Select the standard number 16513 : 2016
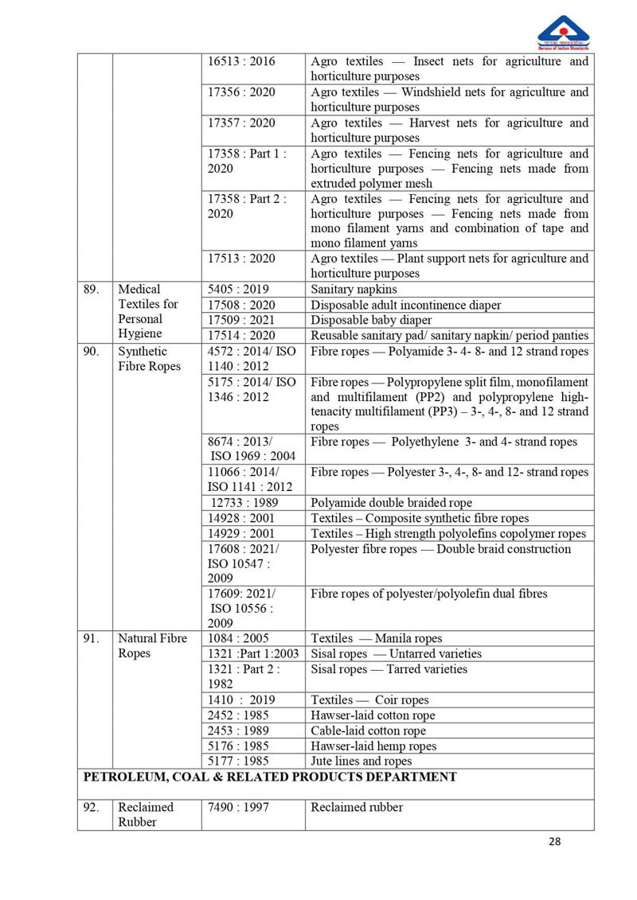pyautogui.click(x=240, y=61)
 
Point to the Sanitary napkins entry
pyautogui.click(x=354, y=290)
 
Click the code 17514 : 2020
pyautogui.click(x=240, y=336)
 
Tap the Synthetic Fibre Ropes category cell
pyautogui.click(x=150, y=359)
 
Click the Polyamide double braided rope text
pyautogui.click(x=391, y=503)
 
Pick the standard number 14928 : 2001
pyautogui.click(x=241, y=518)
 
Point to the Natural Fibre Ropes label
pyautogui.click(x=153, y=645)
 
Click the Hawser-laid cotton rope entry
pyautogui.click(x=373, y=715)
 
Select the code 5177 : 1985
pyautogui.click(x=237, y=762)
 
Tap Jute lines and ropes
pyautogui.click(x=361, y=762)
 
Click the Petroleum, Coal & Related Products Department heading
pyautogui.click(x=267, y=777)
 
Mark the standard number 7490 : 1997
pyautogui.click(x=237, y=808)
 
